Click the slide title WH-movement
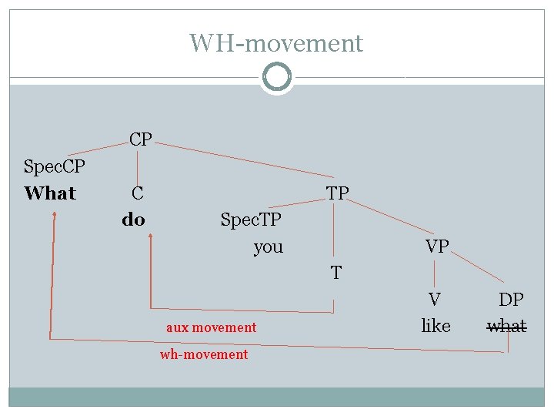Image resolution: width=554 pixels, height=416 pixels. pyautogui.click(x=276, y=43)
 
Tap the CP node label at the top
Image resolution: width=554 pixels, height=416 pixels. pyautogui.click(x=140, y=139)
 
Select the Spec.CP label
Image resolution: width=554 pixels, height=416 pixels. pyautogui.click(x=55, y=166)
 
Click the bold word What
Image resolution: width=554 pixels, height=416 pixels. pyautogui.click(x=50, y=193)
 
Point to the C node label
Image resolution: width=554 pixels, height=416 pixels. pyautogui.click(x=137, y=193)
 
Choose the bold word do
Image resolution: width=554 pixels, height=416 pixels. pyautogui.click(x=133, y=220)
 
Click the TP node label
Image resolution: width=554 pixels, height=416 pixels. pyautogui.click(x=337, y=193)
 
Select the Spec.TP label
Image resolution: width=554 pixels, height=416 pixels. pyautogui.click(x=251, y=220)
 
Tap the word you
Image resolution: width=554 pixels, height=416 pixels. pyautogui.click(x=269, y=247)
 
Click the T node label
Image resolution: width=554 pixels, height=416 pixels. pyautogui.click(x=335, y=273)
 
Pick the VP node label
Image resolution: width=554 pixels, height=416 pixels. pyautogui.click(x=437, y=247)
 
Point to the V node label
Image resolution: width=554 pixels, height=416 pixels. pyautogui.click(x=435, y=300)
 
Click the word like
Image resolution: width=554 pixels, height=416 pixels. pyautogui.click(x=436, y=326)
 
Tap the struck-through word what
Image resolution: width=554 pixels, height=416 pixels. pyautogui.click(x=507, y=326)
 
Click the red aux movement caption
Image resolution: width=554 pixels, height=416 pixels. pyautogui.click(x=211, y=327)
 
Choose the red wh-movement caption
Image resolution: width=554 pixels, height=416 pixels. pyautogui.click(x=204, y=354)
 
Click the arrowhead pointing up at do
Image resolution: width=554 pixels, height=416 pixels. pyautogui.click(x=150, y=240)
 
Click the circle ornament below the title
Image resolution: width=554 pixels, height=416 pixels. pyautogui.click(x=277, y=77)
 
